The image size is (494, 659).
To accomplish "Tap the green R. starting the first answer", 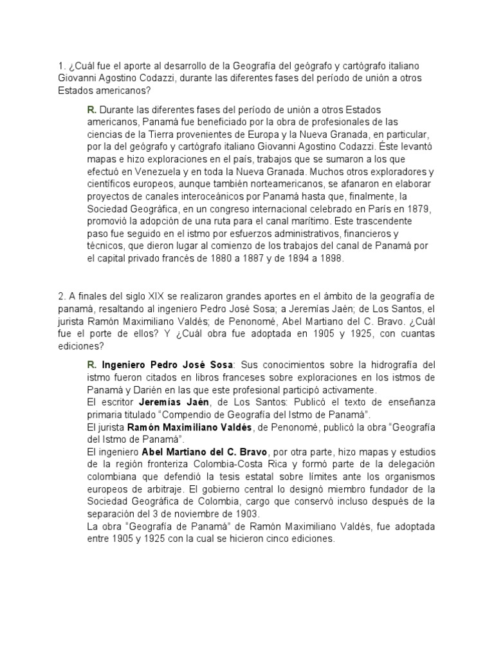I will [x=91, y=110].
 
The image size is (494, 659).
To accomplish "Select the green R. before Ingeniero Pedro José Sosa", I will [x=91, y=364].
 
